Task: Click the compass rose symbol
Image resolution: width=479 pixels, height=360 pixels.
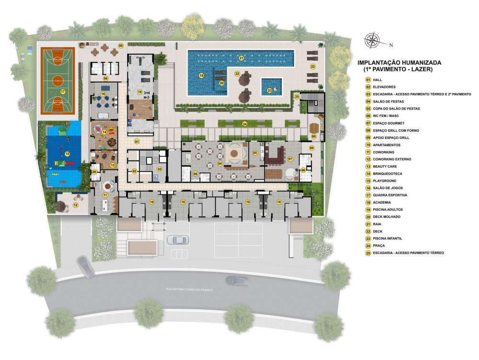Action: point(372,40)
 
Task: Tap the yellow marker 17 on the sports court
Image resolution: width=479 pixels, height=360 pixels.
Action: point(63,92)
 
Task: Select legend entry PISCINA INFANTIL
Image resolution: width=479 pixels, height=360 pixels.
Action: point(388,238)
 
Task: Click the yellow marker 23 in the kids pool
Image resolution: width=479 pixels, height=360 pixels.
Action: point(269,91)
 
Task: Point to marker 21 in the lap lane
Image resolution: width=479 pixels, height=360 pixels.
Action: point(241,58)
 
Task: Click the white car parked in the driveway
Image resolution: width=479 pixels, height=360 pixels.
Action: point(178,240)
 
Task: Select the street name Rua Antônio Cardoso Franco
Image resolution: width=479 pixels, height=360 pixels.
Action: point(189,290)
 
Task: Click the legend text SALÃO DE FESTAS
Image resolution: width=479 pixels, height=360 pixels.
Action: point(388,102)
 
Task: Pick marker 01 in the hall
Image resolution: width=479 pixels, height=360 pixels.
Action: point(137,141)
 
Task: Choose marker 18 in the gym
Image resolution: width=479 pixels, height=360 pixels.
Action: point(139,92)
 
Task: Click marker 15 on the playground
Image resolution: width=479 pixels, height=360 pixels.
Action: point(68,154)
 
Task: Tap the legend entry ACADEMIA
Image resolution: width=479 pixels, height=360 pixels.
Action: point(382,202)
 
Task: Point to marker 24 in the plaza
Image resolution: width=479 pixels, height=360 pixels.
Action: point(245,124)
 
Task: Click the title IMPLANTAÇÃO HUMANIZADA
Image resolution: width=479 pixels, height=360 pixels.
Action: point(399,63)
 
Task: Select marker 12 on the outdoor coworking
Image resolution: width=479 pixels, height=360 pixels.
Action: point(76,205)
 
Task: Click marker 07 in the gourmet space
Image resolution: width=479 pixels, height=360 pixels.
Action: point(290,159)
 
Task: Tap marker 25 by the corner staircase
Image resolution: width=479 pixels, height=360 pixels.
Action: point(297,96)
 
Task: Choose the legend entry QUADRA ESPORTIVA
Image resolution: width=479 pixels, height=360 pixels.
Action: point(390,195)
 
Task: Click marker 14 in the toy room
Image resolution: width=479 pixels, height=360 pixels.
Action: point(104,132)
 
